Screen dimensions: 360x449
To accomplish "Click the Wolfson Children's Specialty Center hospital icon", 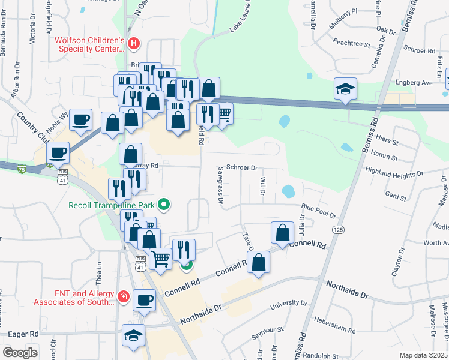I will point(134,44).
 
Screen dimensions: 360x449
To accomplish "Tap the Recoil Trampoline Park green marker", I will point(163,205).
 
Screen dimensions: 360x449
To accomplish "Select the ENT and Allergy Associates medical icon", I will point(123,296).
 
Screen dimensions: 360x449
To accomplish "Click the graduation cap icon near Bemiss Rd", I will point(345,89).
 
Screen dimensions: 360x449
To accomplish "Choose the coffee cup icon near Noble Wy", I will point(80,120).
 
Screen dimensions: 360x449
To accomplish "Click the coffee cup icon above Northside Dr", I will point(144,301).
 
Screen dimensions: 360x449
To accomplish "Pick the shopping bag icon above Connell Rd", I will point(282,233).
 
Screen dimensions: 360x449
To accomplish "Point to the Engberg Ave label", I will point(414,82).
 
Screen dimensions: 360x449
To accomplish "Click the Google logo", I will point(20,353).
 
